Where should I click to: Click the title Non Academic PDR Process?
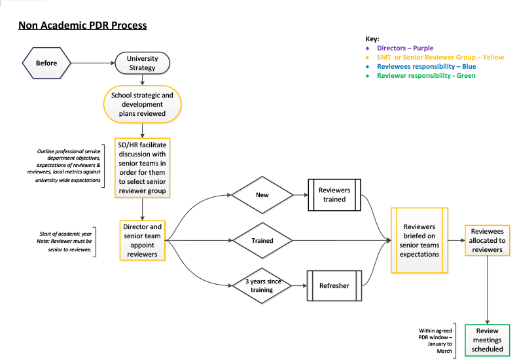(x=82, y=26)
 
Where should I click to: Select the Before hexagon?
(x=46, y=63)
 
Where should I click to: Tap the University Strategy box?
(x=142, y=63)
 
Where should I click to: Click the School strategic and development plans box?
(x=142, y=103)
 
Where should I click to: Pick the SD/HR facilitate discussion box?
(x=142, y=168)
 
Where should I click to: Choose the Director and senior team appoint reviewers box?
(x=142, y=240)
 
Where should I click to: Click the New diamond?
(x=262, y=195)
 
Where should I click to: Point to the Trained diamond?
(x=262, y=241)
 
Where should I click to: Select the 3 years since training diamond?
(x=262, y=285)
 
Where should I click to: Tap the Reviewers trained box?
(x=334, y=195)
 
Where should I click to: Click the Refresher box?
(x=334, y=285)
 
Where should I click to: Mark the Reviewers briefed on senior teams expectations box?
(x=419, y=240)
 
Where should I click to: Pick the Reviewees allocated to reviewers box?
(x=488, y=240)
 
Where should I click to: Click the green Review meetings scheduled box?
(x=488, y=340)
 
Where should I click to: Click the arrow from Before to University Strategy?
(x=94, y=63)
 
